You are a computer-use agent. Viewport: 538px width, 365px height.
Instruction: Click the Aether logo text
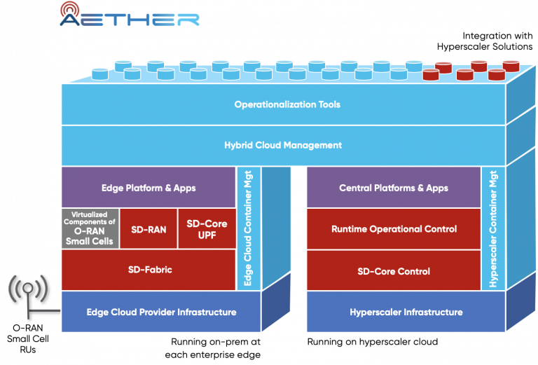(130, 19)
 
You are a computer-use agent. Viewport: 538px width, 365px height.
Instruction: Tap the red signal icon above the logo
(70, 8)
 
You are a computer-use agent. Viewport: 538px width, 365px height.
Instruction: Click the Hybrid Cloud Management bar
(283, 145)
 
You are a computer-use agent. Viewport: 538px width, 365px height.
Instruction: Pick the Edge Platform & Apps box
(149, 188)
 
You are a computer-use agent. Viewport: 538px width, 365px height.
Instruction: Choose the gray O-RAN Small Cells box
(90, 228)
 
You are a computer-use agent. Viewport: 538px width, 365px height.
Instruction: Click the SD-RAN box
(149, 228)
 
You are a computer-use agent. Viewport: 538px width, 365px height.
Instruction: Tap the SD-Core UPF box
(207, 228)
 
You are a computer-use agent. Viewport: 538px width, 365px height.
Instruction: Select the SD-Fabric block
(149, 270)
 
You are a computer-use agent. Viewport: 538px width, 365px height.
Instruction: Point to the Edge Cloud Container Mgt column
(248, 228)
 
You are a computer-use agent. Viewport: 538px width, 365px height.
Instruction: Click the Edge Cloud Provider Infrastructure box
(161, 312)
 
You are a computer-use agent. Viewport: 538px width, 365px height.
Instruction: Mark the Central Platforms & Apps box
(394, 188)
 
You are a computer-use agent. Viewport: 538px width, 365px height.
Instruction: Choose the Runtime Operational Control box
(394, 228)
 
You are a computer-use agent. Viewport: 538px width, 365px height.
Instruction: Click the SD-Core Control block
(394, 270)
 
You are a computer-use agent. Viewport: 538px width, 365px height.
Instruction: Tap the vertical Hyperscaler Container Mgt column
(493, 228)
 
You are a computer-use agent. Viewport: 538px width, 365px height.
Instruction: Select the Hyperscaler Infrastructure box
(406, 312)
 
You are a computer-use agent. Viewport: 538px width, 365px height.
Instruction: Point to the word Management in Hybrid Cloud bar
(313, 145)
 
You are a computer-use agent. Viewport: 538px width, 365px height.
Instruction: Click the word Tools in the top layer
(328, 104)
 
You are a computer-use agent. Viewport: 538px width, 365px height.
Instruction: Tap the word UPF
(207, 235)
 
